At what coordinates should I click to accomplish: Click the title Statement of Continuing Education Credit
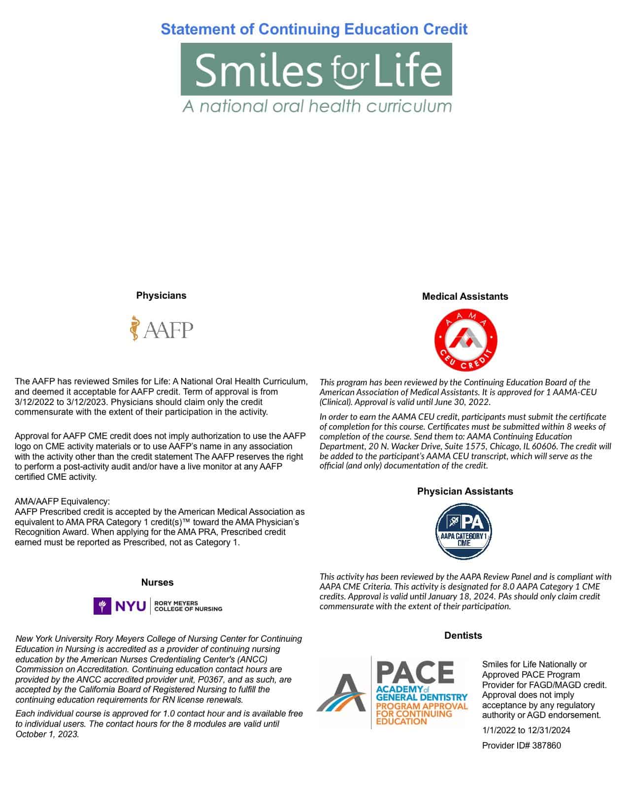[x=314, y=29]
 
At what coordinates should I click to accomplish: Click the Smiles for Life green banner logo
[x=316, y=69]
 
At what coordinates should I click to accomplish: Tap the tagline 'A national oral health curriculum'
[x=317, y=106]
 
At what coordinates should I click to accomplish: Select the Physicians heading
[x=161, y=295]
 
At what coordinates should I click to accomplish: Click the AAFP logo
[x=162, y=329]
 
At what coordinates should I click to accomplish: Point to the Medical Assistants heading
[x=464, y=296]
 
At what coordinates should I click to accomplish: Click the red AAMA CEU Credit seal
[x=465, y=340]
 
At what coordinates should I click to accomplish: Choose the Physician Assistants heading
[x=464, y=491]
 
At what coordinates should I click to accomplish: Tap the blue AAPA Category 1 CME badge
[x=464, y=531]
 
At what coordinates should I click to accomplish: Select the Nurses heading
[x=157, y=582]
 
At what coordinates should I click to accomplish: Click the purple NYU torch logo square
[x=102, y=606]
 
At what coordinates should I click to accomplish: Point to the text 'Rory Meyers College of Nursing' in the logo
[x=188, y=606]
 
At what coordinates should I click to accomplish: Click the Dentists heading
[x=463, y=635]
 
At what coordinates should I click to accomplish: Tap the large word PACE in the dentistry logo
[x=415, y=673]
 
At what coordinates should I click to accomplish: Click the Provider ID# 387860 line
[x=521, y=745]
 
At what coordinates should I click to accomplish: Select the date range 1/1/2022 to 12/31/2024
[x=526, y=730]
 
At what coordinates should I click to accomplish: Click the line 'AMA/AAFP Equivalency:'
[x=62, y=501]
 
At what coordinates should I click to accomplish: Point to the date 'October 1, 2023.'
[x=47, y=734]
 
